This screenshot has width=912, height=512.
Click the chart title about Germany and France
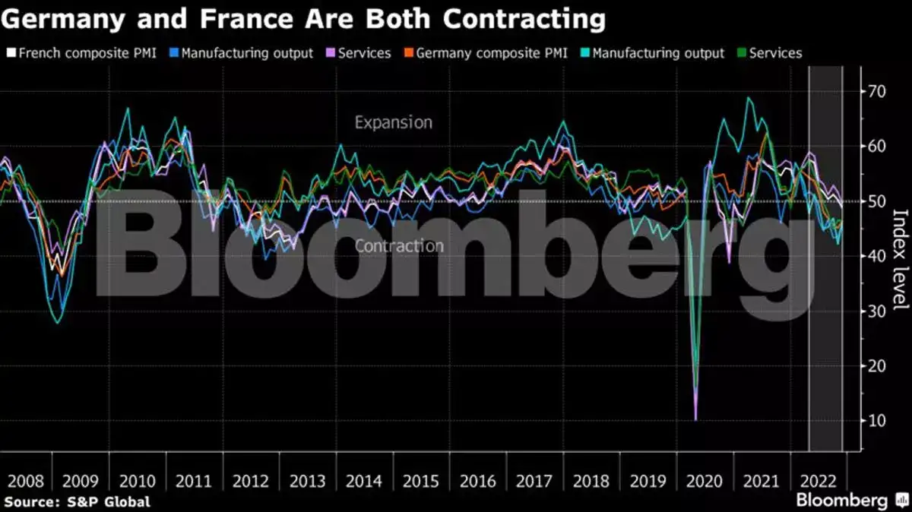pos(303,19)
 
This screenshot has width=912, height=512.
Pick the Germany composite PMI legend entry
pos(486,53)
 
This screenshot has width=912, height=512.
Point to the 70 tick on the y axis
pos(877,91)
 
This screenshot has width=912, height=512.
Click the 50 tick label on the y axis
pos(877,201)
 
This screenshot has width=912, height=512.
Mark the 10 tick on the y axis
pos(877,421)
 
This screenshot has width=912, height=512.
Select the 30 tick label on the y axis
pos(877,311)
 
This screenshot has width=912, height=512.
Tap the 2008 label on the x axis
pos(25,482)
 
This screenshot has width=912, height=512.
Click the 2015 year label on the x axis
pos(421,482)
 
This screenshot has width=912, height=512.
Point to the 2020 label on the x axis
pos(705,482)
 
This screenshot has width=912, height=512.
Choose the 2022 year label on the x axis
pos(818,482)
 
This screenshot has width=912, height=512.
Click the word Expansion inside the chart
pos(394,122)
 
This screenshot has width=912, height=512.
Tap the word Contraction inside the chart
pos(399,246)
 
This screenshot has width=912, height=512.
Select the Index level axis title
pos(899,259)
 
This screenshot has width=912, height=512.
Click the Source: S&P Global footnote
pos(77,501)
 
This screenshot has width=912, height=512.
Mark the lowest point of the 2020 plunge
pos(695,419)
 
